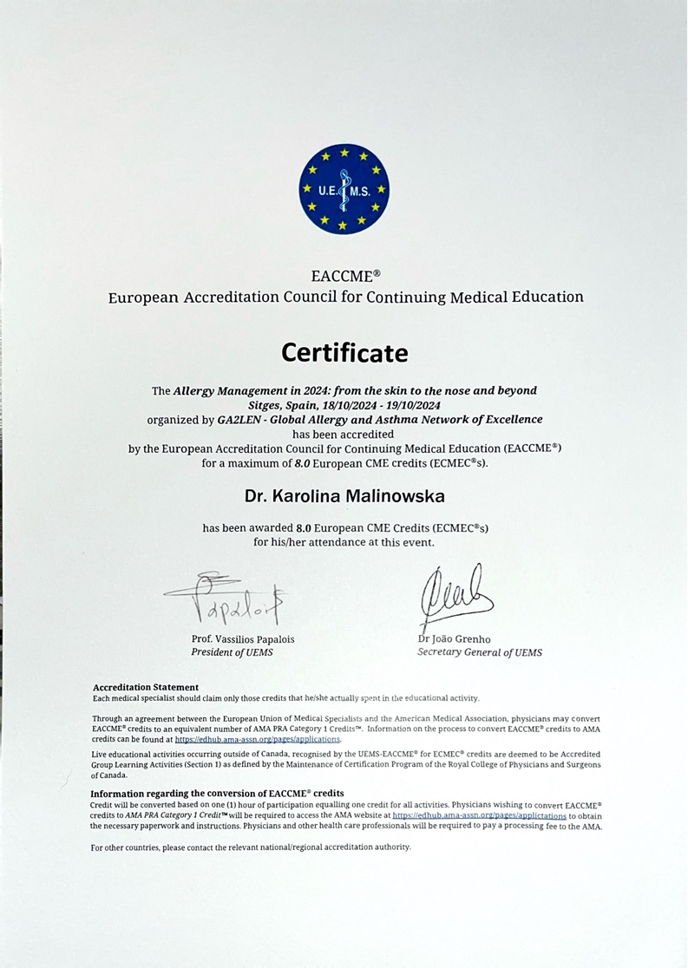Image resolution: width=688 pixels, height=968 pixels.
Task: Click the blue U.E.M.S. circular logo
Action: point(344,189)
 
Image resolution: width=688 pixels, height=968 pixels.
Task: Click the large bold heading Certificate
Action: point(344,353)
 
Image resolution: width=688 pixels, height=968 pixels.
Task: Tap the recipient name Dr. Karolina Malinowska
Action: point(344,496)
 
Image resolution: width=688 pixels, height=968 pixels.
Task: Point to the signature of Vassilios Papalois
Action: point(228,598)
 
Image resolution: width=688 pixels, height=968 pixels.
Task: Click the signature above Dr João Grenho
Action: point(455,597)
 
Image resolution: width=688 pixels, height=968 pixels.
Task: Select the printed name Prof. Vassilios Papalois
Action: point(243,639)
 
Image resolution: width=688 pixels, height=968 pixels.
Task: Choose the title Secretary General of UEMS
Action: point(480,652)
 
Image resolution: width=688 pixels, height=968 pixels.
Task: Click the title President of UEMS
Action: point(232,652)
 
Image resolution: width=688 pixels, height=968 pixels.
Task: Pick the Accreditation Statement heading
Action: point(146,687)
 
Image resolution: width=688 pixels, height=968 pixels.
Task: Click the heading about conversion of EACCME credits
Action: point(217,793)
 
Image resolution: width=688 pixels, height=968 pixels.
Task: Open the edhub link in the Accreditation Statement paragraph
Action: point(258,740)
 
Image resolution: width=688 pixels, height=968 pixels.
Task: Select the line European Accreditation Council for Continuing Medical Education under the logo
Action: point(345,298)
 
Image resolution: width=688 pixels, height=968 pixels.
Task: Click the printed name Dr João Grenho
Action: point(454,639)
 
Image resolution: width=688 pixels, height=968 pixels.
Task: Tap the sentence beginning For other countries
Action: point(251,847)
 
